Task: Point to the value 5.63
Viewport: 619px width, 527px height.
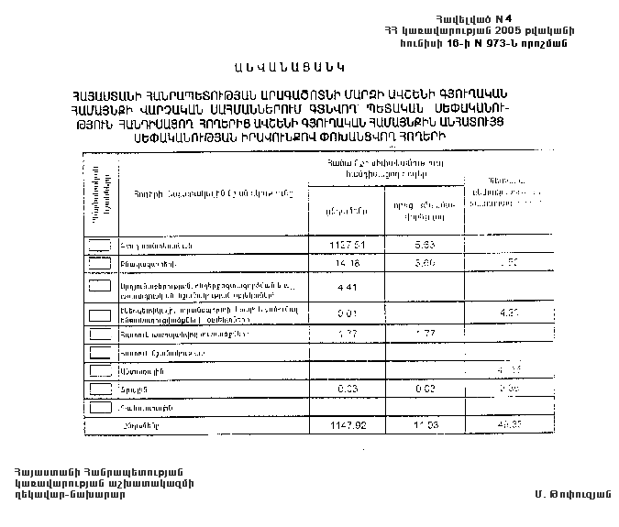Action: point(423,245)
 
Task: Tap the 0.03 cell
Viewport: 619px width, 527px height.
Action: point(346,389)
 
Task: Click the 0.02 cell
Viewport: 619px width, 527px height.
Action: point(423,389)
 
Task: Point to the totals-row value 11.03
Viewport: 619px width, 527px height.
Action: point(423,426)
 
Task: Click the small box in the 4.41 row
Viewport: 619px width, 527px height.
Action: point(101,288)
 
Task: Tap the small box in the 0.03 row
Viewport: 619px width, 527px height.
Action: point(101,389)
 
